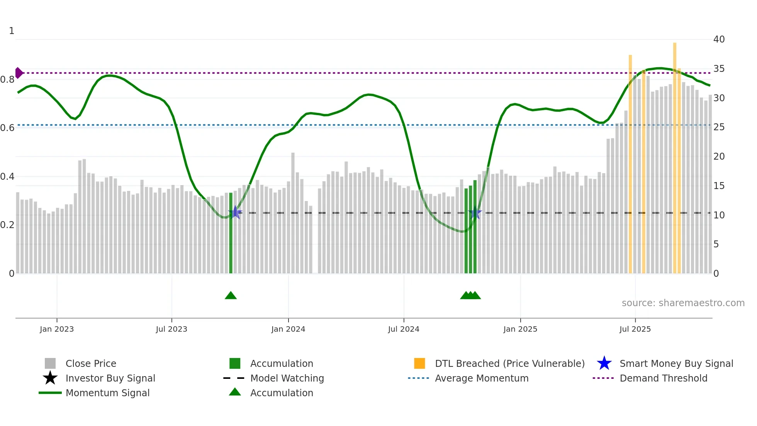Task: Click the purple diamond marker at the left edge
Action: pyautogui.click(x=19, y=73)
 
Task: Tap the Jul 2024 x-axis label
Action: pyautogui.click(x=404, y=329)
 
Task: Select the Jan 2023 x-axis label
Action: pyautogui.click(x=57, y=329)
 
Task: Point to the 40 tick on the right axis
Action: pyautogui.click(x=719, y=39)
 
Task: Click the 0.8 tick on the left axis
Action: pyautogui.click(x=7, y=80)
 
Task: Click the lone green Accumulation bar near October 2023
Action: pyautogui.click(x=231, y=232)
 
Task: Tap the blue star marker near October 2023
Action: pyautogui.click(x=235, y=213)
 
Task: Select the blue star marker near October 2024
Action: pyautogui.click(x=475, y=213)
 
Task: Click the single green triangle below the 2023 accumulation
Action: pyautogui.click(x=231, y=296)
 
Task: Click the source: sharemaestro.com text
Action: pyautogui.click(x=683, y=303)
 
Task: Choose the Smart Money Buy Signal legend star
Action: pyautogui.click(x=604, y=363)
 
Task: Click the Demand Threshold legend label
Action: pyautogui.click(x=663, y=378)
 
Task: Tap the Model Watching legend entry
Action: pyautogui.click(x=287, y=378)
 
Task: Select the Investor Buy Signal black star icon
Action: pyautogui.click(x=50, y=378)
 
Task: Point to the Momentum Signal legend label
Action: pyautogui.click(x=107, y=393)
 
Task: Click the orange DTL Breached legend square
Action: pyautogui.click(x=419, y=363)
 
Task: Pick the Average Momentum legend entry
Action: pyautogui.click(x=481, y=378)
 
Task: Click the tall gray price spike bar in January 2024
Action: pyautogui.click(x=293, y=213)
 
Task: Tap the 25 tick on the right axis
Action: pyautogui.click(x=719, y=127)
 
